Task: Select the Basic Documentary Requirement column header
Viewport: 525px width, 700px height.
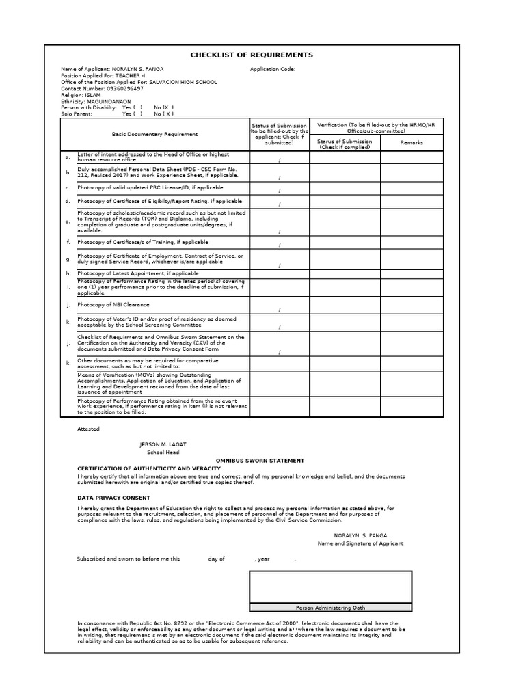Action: (155, 135)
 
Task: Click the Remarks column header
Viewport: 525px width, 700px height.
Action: (412, 142)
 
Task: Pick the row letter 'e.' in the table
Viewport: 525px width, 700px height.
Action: (68, 221)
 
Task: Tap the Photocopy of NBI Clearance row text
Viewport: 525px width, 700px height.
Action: (113, 304)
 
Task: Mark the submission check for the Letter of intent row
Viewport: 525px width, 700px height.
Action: (279, 161)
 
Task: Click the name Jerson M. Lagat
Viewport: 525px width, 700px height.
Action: (163, 444)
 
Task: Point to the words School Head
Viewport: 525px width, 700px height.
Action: (163, 453)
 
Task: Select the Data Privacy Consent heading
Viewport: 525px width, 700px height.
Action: (113, 498)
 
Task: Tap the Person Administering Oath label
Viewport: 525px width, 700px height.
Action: (330, 607)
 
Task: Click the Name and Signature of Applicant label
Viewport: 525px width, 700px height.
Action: (360, 543)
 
